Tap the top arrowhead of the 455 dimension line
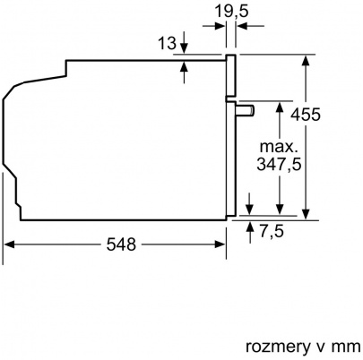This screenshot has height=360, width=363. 307,60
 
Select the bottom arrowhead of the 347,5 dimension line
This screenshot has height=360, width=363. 283,208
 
